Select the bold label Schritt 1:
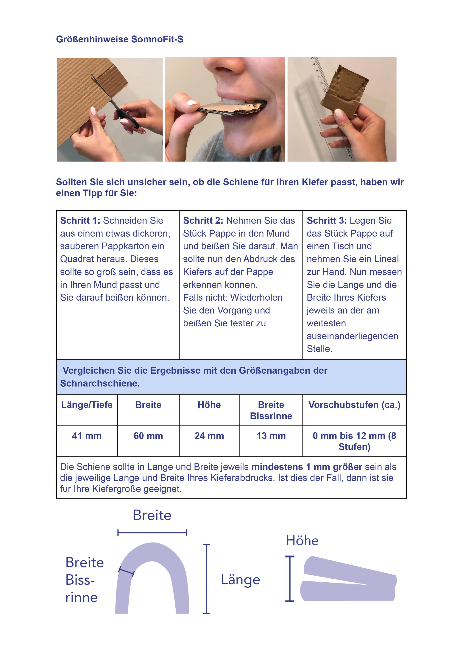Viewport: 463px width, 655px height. tap(80, 221)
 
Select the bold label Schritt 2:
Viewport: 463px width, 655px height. tap(203, 221)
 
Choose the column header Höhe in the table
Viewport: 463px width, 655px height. tap(209, 405)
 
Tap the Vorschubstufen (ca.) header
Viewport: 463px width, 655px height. tap(354, 405)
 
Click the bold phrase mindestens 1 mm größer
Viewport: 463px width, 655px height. tap(307, 467)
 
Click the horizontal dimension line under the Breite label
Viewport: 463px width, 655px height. tap(152, 532)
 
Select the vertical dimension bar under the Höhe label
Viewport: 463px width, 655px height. tap(290, 579)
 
